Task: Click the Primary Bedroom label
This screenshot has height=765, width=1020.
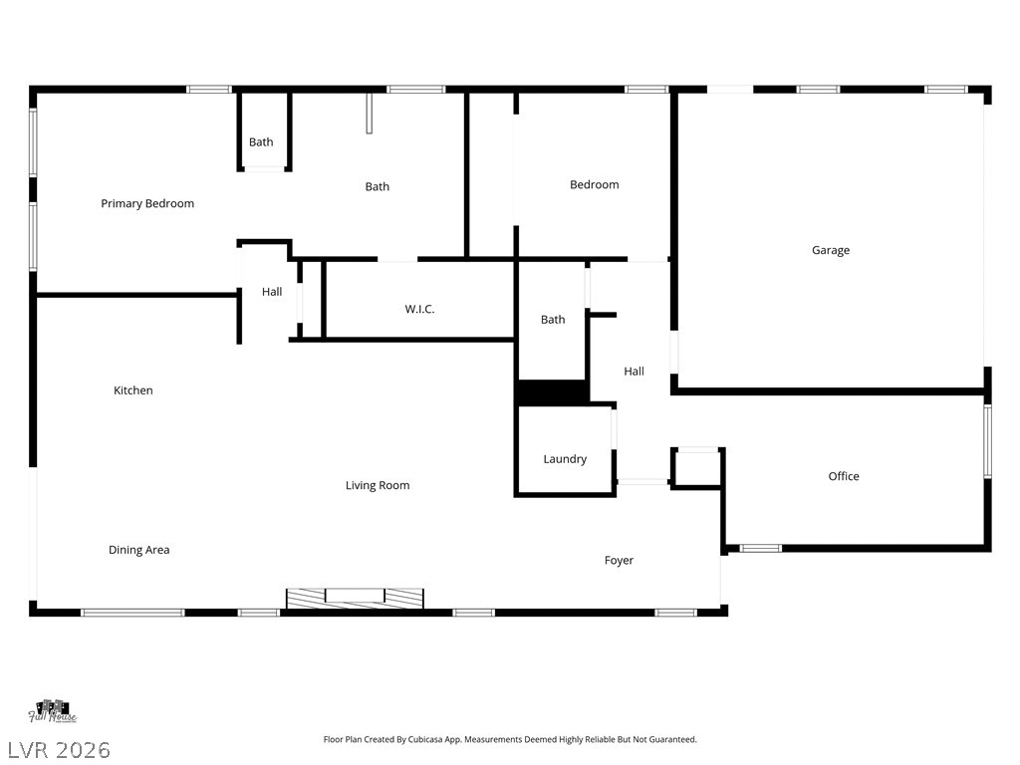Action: click(147, 204)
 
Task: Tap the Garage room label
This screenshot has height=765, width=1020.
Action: click(830, 251)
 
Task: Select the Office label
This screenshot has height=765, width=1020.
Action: click(843, 477)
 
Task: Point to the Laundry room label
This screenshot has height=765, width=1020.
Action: click(565, 460)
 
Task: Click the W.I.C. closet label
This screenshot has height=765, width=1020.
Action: click(419, 310)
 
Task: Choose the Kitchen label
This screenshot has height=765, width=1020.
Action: click(132, 391)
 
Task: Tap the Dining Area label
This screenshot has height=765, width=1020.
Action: click(138, 551)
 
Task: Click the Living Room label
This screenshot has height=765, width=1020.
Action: click(378, 486)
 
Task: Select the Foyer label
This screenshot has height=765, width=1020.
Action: click(619, 561)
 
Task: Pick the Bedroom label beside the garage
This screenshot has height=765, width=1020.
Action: click(594, 185)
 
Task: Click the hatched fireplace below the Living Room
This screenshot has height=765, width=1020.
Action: click(355, 598)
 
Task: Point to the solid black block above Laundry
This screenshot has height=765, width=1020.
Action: click(553, 393)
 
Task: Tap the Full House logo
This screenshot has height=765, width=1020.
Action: click(53, 712)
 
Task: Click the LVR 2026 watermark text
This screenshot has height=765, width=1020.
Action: click(59, 749)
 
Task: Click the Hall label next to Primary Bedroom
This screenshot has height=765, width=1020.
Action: click(272, 293)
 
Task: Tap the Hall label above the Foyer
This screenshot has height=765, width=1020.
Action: click(634, 372)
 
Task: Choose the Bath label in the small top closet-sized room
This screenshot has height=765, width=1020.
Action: click(261, 142)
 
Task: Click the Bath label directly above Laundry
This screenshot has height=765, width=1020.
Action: click(553, 320)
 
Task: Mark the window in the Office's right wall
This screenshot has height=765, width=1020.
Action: click(988, 441)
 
